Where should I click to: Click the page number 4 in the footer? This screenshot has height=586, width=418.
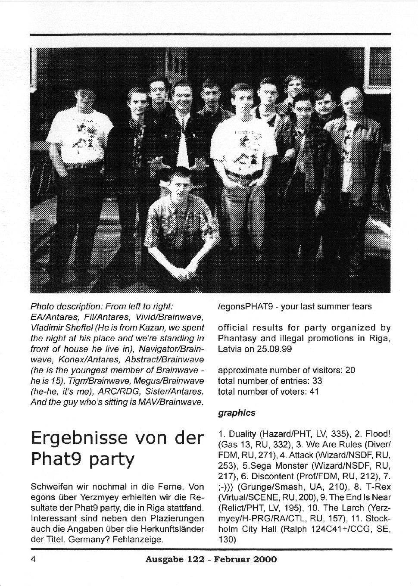[33, 559]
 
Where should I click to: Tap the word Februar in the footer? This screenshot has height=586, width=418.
[232, 560]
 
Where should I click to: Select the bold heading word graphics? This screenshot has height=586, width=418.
[237, 413]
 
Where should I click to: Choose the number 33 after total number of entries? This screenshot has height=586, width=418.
[318, 381]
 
